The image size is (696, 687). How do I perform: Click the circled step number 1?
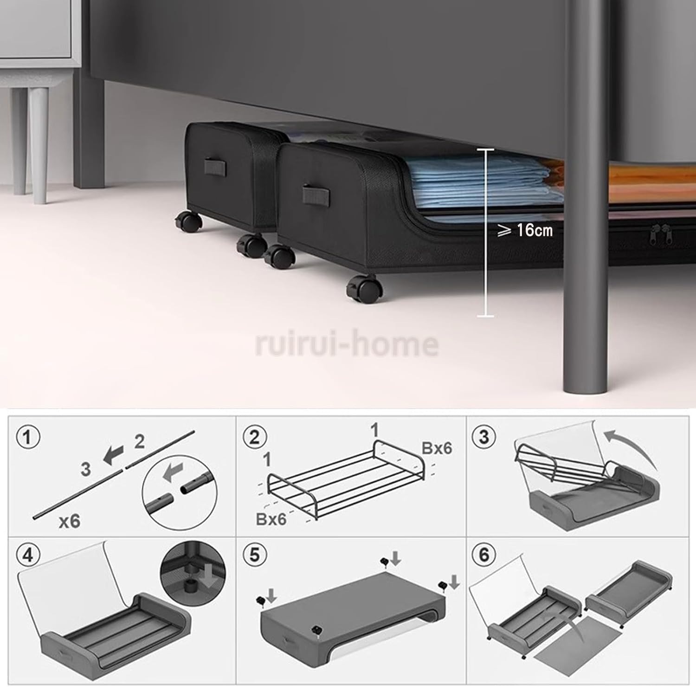coord(28,437)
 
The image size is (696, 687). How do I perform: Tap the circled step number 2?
coord(254,437)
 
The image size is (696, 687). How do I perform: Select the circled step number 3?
coord(484,437)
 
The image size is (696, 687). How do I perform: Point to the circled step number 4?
coord(28,555)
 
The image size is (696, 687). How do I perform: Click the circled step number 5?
coord(254,555)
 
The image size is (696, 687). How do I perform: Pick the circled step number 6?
coord(484,555)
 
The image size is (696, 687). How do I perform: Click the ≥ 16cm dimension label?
coord(525,230)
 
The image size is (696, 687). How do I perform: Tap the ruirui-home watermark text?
coord(347,343)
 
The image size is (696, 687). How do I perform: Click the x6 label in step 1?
coord(70,521)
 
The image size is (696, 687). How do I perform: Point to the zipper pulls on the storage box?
coord(661,234)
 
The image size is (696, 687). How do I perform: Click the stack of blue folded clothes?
coord(483,183)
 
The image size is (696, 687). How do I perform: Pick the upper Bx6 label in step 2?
coord(436,448)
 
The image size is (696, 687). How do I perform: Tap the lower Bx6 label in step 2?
coord(271,518)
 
